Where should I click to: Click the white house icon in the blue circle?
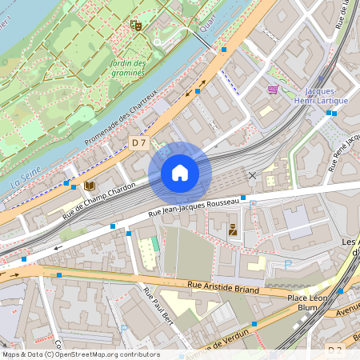(x=180, y=173)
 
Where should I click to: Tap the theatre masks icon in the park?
(x=137, y=26)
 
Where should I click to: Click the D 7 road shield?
(x=138, y=142)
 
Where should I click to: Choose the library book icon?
(x=90, y=186)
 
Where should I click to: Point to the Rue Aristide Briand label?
(x=223, y=287)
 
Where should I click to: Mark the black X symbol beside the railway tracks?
(x=253, y=174)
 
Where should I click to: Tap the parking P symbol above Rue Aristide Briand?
(x=289, y=264)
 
